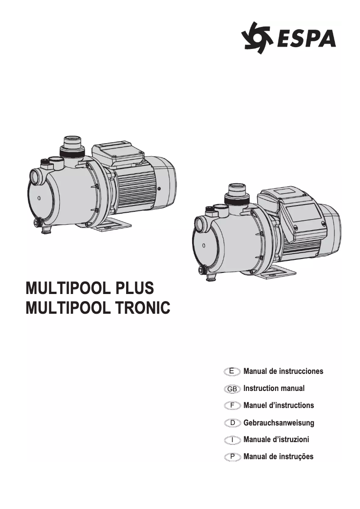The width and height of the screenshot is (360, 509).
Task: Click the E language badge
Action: [232, 371]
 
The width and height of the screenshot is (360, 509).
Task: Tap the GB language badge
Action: [232, 388]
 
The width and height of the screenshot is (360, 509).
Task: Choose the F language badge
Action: [232, 405]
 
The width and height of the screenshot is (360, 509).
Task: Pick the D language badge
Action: [232, 423]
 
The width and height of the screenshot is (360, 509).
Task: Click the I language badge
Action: [232, 440]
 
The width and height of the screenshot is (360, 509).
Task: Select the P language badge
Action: [232, 457]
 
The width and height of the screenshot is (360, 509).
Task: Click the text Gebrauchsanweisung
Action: [279, 423]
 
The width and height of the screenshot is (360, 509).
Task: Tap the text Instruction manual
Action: [274, 388]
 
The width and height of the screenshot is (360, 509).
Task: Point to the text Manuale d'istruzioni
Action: [276, 440]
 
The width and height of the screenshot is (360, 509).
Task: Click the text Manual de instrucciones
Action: [283, 371]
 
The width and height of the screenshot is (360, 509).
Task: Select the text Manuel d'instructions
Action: [279, 405]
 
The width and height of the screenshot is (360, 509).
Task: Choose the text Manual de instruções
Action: [278, 457]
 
